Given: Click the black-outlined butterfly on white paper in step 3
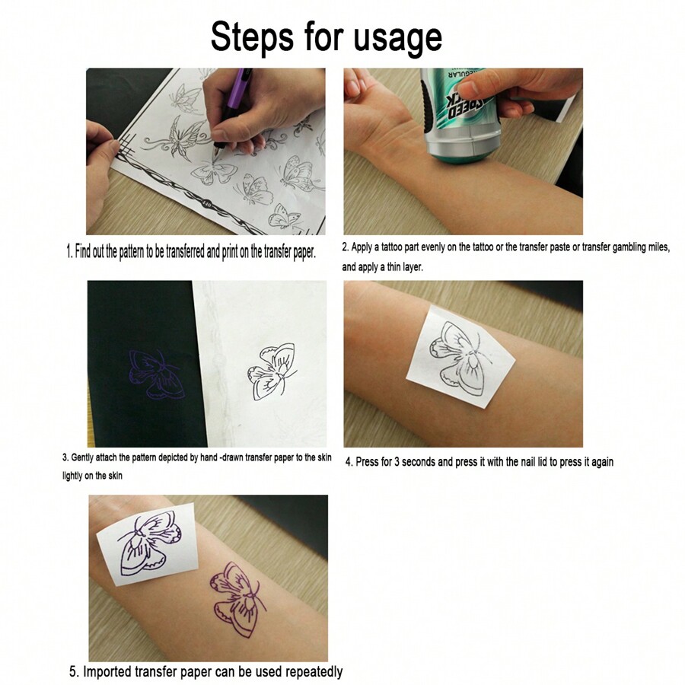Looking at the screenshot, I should point(272,372).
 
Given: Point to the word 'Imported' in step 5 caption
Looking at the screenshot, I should point(113,672).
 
